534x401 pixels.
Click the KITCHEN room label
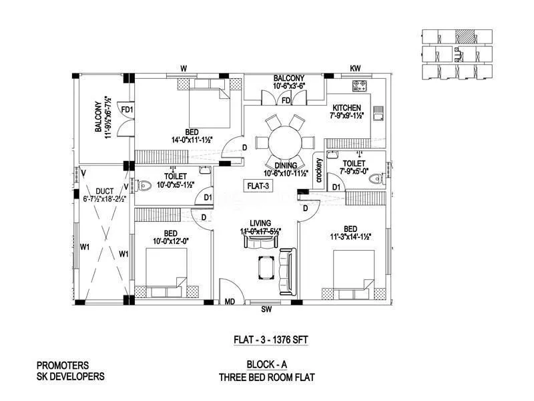pyautogui.click(x=346, y=108)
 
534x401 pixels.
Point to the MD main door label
pyautogui.click(x=230, y=302)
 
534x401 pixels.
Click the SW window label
pyautogui.click(x=266, y=310)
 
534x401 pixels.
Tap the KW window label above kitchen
pyautogui.click(x=355, y=69)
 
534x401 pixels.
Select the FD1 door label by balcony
pyautogui.click(x=126, y=110)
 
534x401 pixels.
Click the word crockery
pyautogui.click(x=320, y=171)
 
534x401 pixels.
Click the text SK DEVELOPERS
pyautogui.click(x=71, y=376)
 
